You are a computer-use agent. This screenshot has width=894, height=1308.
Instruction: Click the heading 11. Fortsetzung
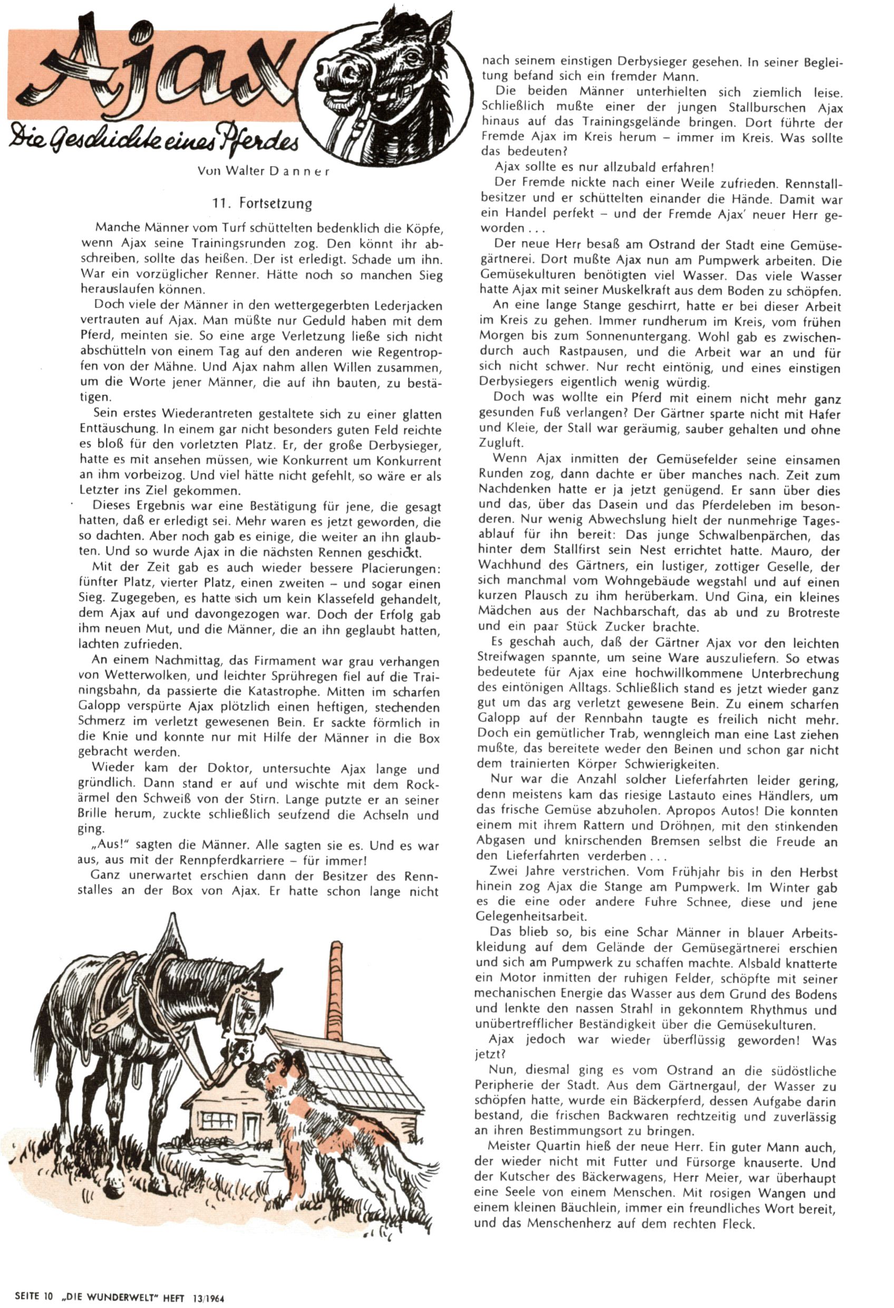click(x=262, y=203)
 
